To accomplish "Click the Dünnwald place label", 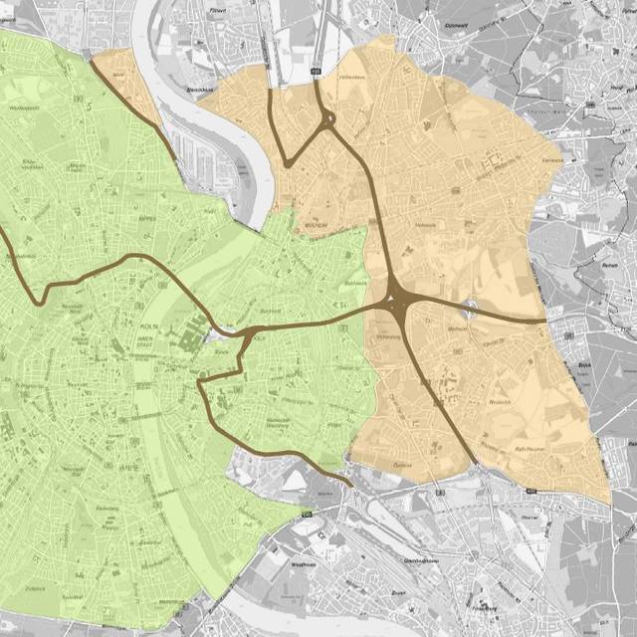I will pyautogui.click(x=457, y=19).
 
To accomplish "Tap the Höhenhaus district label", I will pyautogui.click(x=352, y=77).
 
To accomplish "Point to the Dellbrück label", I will pyautogui.click(x=548, y=159).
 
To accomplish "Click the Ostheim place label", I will pyautogui.click(x=402, y=465).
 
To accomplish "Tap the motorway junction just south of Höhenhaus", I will pyautogui.click(x=328, y=122).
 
